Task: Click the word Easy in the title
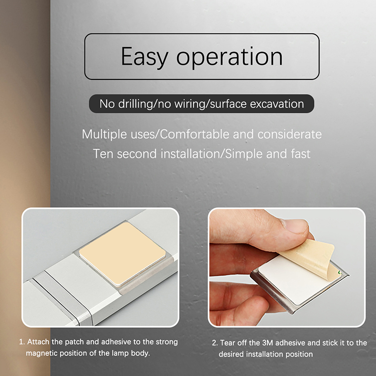coord(145,56)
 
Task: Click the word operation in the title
coord(229,57)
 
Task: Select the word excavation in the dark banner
coord(277,104)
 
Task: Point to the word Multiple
coord(104,134)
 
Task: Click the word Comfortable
coord(195,134)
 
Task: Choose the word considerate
coord(290,134)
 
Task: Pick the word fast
coord(301,154)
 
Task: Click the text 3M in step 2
coord(267,343)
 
